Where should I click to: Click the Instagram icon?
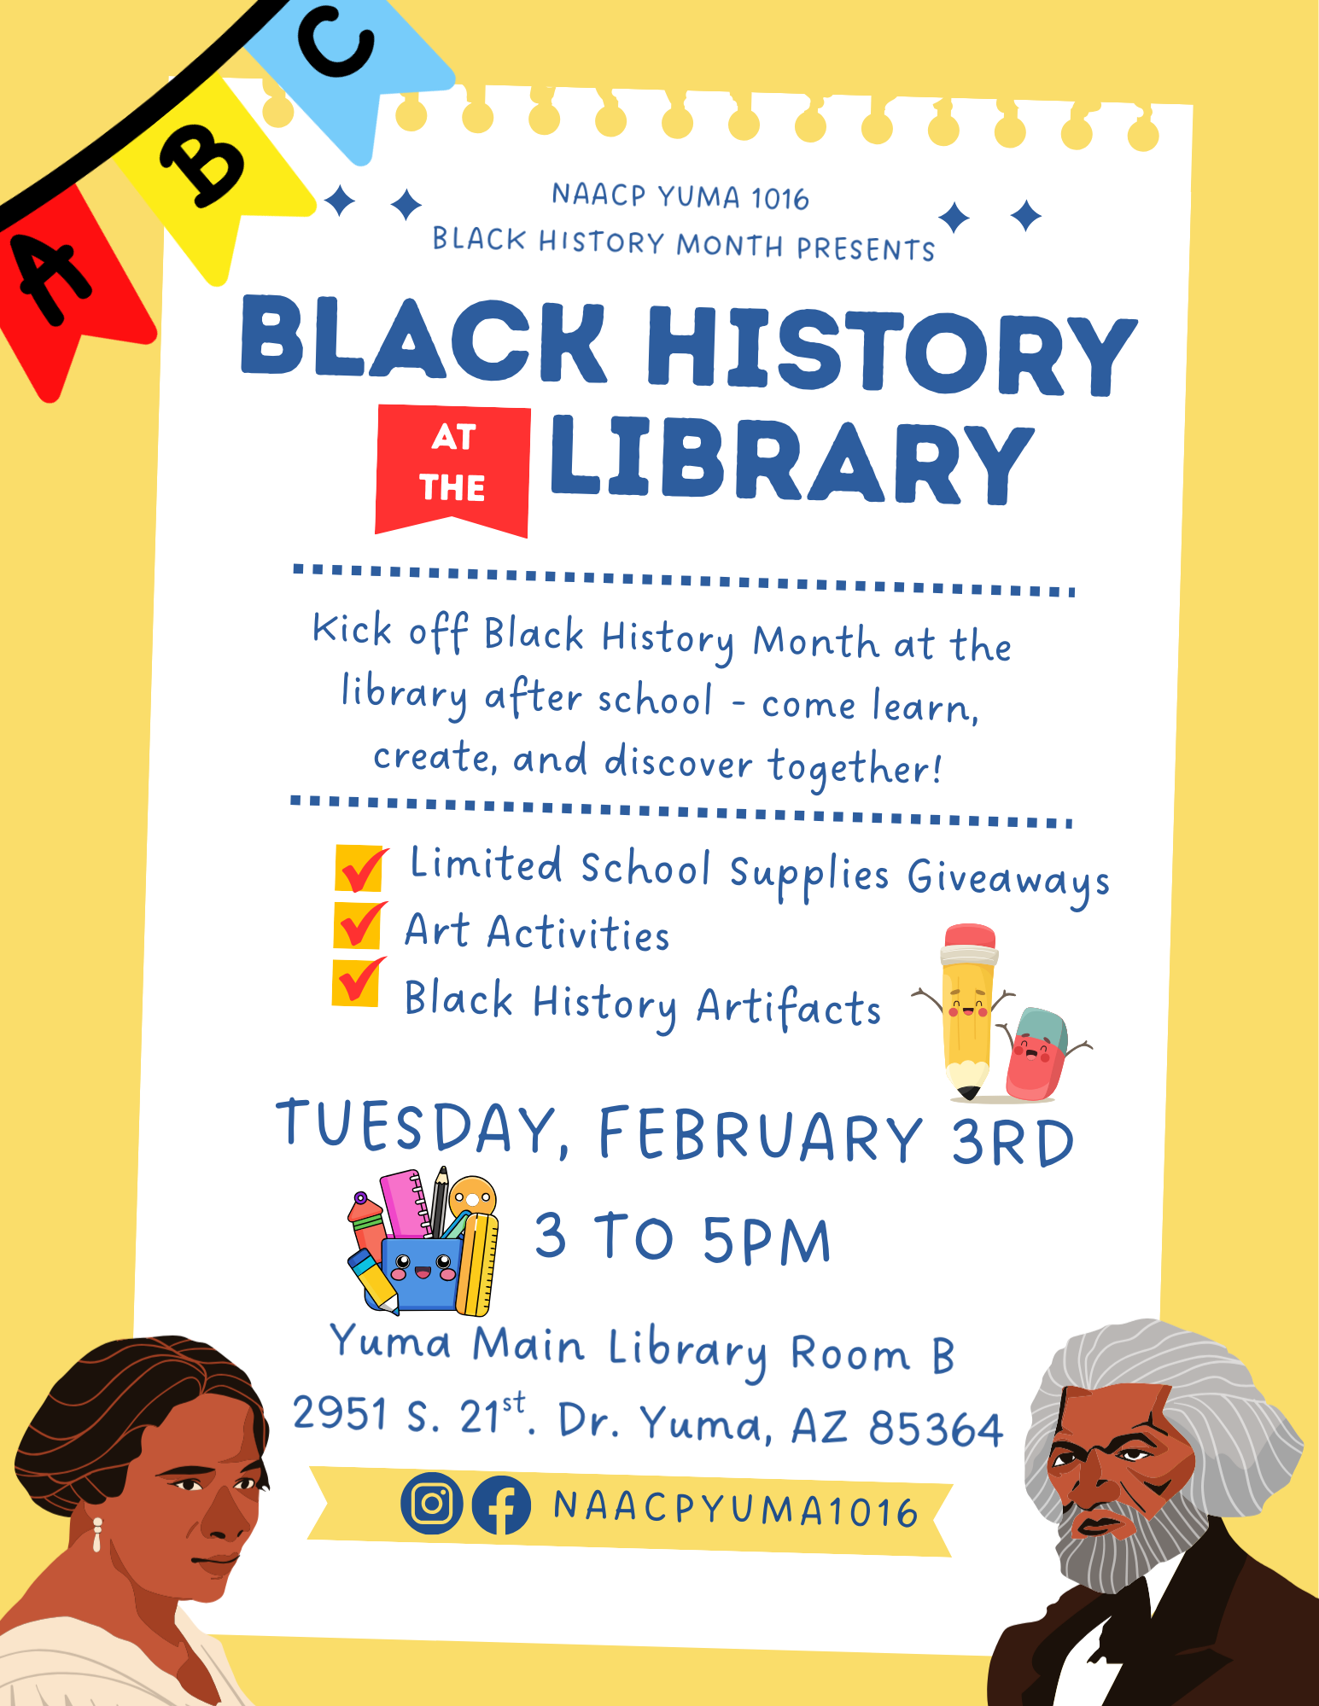pyautogui.click(x=432, y=1503)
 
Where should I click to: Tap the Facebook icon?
pyautogui.click(x=501, y=1505)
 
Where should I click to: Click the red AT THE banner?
pyautogui.click(x=452, y=470)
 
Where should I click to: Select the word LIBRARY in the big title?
pyautogui.click(x=792, y=460)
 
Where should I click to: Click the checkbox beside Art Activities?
pyautogui.click(x=359, y=925)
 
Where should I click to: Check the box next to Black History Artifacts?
pyautogui.click(x=358, y=982)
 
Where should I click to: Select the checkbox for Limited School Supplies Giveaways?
pyautogui.click(x=361, y=868)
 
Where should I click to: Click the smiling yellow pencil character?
pyautogui.click(x=967, y=1011)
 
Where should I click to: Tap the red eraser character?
pyautogui.click(x=1039, y=1053)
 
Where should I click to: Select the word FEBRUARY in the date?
pyautogui.click(x=761, y=1134)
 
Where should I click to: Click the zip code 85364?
pyautogui.click(x=936, y=1428)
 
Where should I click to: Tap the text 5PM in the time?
pyautogui.click(x=767, y=1240)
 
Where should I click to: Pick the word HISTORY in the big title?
pyautogui.click(x=892, y=349)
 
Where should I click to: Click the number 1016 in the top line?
pyautogui.click(x=780, y=199)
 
